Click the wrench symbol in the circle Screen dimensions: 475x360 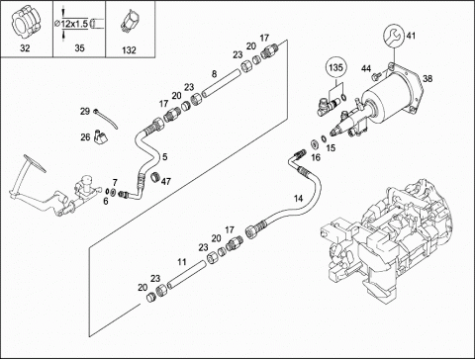(x=394, y=35)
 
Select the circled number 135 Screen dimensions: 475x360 (x=335, y=68)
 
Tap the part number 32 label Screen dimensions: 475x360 (x=25, y=48)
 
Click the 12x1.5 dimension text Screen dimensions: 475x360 (x=74, y=23)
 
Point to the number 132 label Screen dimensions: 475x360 (x=129, y=50)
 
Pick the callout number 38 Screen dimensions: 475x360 (x=427, y=78)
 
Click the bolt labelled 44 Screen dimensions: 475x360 (x=376, y=77)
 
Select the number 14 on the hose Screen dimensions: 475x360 (x=298, y=198)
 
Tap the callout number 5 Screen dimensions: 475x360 (x=165, y=157)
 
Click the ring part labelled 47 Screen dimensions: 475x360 (x=155, y=177)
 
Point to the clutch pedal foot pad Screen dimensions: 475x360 (x=35, y=163)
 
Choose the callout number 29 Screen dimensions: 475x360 (x=85, y=111)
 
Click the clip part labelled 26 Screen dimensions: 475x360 (x=101, y=136)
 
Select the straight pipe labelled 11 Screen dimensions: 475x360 (x=186, y=274)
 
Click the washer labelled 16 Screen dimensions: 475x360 (x=314, y=144)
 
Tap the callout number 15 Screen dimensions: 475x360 (x=331, y=147)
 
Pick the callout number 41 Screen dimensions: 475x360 (x=411, y=36)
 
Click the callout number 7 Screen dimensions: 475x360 (x=115, y=182)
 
